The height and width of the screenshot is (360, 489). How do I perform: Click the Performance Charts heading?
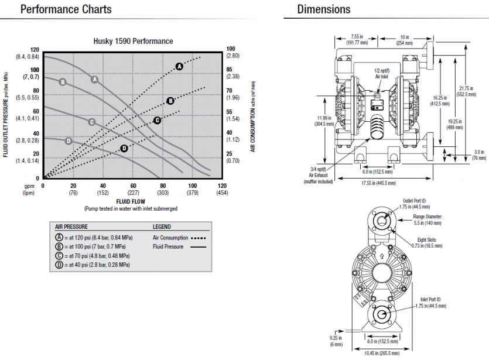pos(66,9)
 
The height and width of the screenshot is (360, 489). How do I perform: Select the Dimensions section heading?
pos(324,9)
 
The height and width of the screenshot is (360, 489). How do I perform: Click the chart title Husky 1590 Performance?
pos(134,41)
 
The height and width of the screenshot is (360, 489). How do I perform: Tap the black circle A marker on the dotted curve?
pos(180,67)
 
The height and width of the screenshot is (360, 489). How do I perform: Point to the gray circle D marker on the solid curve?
pos(69,140)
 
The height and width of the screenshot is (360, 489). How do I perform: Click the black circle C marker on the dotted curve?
pos(157,120)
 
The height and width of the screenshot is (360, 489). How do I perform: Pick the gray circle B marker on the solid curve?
pos(63,82)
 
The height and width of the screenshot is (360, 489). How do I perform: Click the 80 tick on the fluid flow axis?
pos(162,186)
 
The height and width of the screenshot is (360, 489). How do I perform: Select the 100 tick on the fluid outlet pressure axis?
pos(35,70)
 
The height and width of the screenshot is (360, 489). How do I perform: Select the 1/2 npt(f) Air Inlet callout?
pos(382,73)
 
